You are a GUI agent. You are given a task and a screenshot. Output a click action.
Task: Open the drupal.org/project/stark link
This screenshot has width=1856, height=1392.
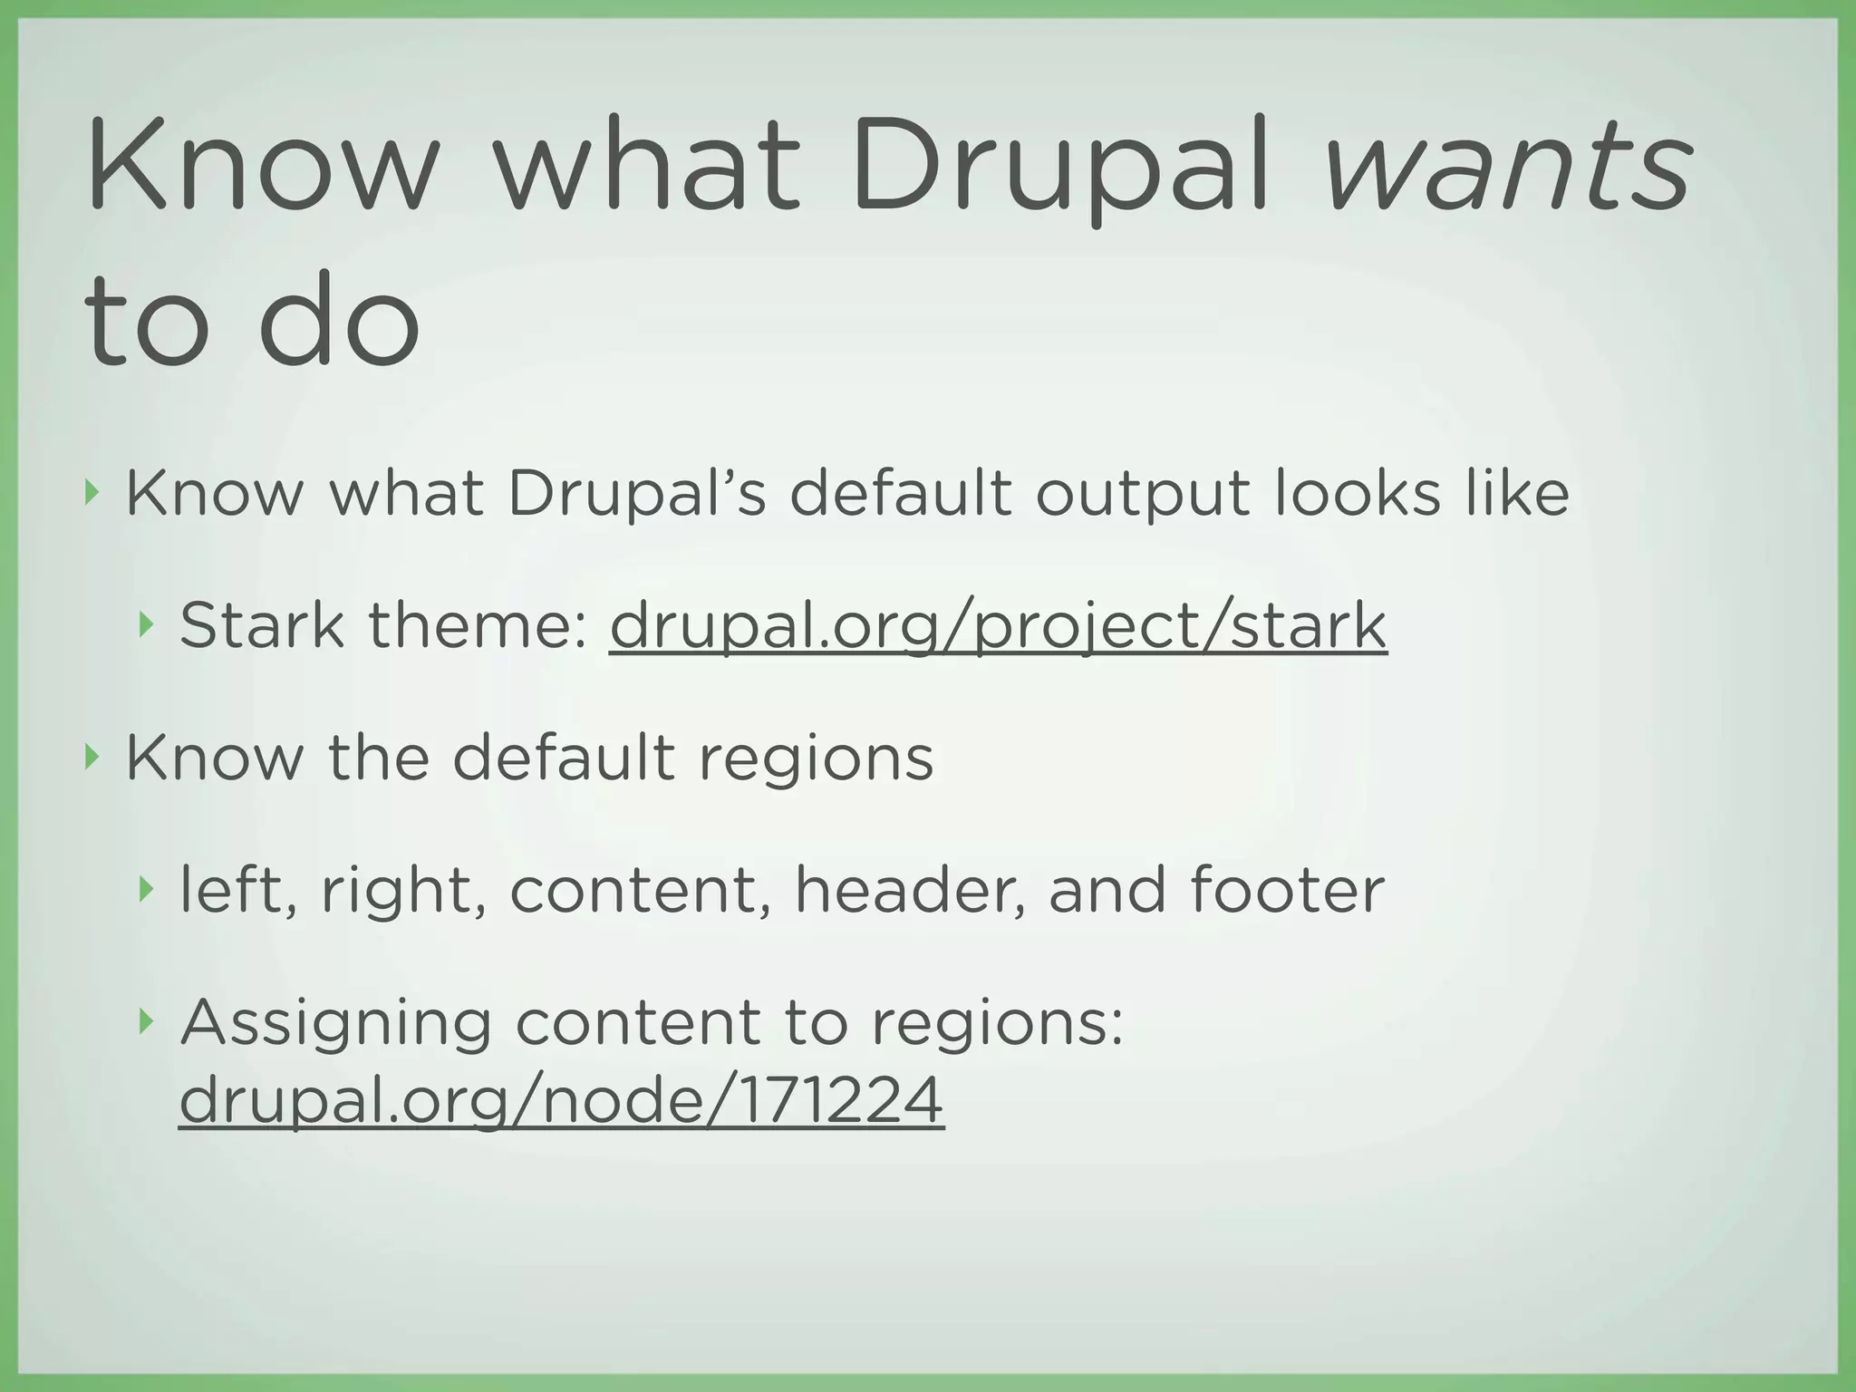point(998,626)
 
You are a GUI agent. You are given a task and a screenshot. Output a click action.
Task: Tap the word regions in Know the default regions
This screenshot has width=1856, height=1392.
point(816,759)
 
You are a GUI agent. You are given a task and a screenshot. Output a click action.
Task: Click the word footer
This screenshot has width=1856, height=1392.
point(1287,889)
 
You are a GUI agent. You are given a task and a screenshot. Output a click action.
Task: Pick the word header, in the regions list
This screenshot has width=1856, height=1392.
point(911,889)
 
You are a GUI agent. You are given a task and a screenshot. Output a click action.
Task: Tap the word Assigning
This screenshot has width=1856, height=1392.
point(336,1024)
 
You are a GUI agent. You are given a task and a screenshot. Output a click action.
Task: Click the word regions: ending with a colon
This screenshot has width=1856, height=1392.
point(998,1024)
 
